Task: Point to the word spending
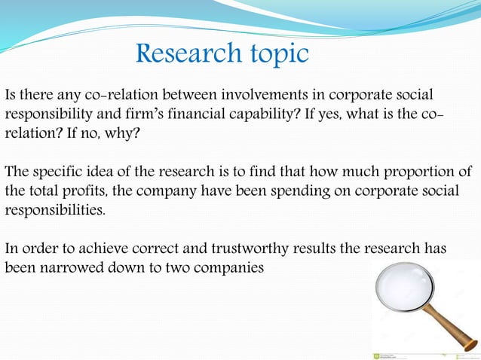point(289,192)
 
